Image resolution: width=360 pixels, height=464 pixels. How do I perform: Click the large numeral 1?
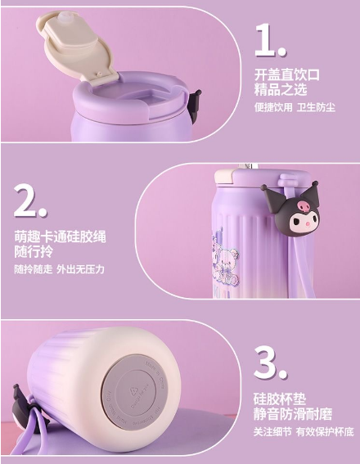pos(270,40)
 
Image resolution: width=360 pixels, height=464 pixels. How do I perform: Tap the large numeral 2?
pos(30,200)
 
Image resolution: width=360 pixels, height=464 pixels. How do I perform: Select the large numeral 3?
pos(270,362)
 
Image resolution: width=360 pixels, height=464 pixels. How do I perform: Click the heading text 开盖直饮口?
pos(287,75)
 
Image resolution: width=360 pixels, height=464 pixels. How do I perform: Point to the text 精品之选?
pos(281,90)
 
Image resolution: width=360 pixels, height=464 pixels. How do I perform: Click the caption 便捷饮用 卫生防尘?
pos(295,107)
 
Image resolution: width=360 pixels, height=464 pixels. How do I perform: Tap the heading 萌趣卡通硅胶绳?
pos(60,237)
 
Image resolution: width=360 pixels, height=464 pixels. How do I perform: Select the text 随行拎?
pos(34,251)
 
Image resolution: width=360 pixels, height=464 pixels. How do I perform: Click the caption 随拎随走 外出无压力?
pos(60,269)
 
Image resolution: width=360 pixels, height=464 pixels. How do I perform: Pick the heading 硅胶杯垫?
pos(280,399)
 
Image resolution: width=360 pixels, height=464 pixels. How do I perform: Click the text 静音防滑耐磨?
pos(293,414)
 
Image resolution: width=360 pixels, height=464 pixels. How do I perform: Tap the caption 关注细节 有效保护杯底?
pos(304,431)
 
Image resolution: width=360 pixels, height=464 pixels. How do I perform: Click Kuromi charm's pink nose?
pos(308,223)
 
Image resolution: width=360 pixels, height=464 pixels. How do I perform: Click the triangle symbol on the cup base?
pos(133,392)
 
